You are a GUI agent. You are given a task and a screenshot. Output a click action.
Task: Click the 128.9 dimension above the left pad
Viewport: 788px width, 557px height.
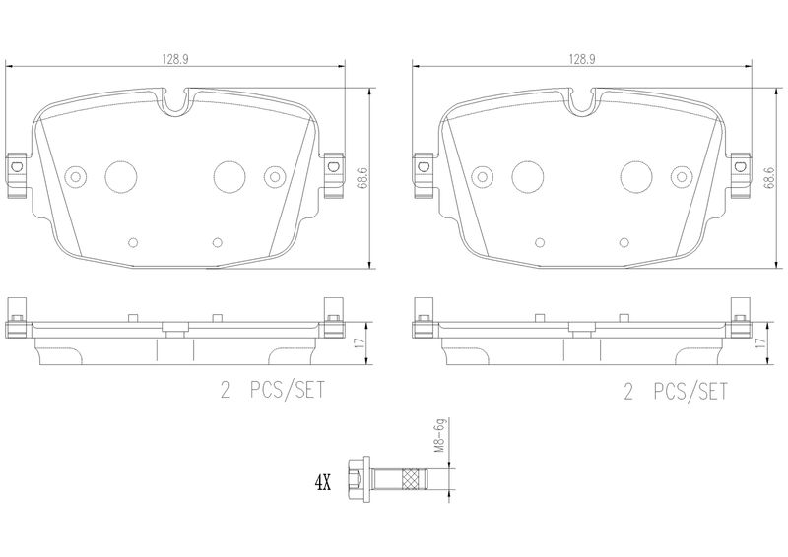(175, 59)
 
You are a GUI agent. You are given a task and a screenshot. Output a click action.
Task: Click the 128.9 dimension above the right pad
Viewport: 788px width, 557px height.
(582, 59)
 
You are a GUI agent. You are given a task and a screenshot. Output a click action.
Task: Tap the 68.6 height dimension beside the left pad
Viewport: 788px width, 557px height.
(361, 178)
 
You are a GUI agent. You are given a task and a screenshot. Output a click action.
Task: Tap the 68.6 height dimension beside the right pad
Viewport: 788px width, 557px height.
(768, 178)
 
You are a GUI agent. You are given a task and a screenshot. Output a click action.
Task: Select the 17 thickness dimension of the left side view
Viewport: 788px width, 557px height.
(359, 343)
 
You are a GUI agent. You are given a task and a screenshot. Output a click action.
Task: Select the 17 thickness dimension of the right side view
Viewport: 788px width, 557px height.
(760, 343)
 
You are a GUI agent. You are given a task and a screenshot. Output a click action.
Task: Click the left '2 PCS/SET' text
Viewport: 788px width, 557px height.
(273, 391)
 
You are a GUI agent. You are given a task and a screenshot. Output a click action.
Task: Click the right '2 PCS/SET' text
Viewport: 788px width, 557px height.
(676, 392)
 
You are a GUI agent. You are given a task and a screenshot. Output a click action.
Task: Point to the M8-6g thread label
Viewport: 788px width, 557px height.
(440, 435)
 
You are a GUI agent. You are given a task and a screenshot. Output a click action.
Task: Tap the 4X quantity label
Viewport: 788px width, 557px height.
(323, 483)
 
